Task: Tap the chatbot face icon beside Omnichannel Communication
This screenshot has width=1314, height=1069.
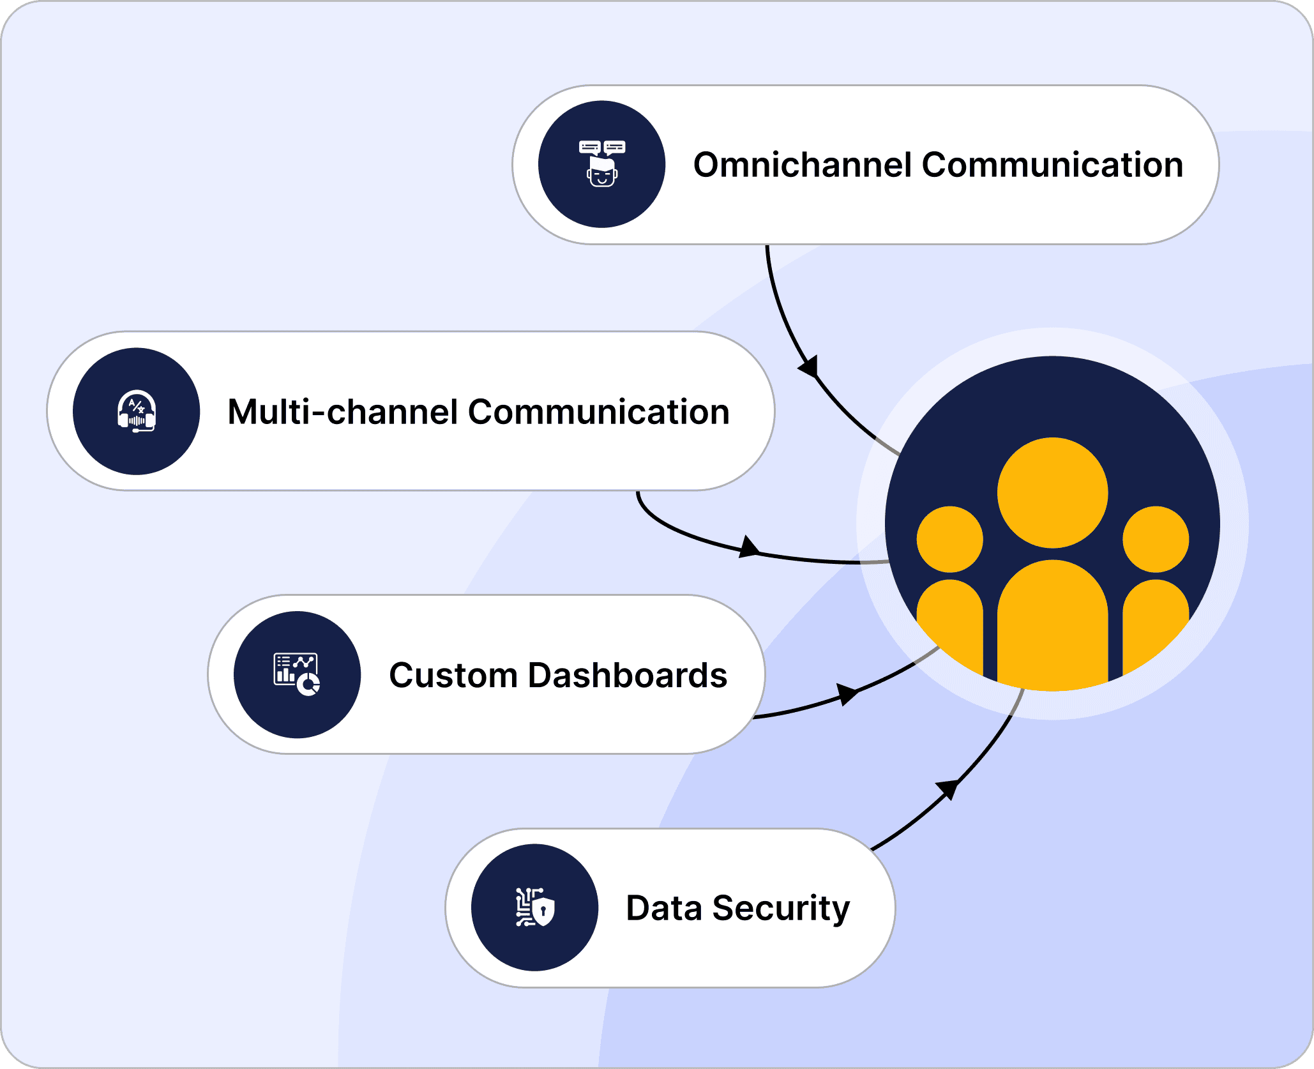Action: point(601,164)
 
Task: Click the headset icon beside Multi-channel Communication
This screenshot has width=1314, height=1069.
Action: point(137,411)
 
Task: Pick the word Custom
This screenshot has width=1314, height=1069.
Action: point(453,676)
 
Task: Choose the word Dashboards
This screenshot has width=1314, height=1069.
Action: point(628,676)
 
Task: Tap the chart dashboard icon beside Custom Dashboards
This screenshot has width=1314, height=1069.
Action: point(297,674)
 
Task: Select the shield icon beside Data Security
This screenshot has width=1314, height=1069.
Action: point(535,907)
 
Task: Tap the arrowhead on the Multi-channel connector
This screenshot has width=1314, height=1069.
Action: point(748,547)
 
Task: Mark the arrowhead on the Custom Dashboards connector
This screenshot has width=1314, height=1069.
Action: point(847,694)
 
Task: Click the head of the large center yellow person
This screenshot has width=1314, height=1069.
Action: point(1052,492)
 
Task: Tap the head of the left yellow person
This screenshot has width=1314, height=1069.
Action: point(949,539)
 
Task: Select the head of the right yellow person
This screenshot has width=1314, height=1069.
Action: point(1156,539)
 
